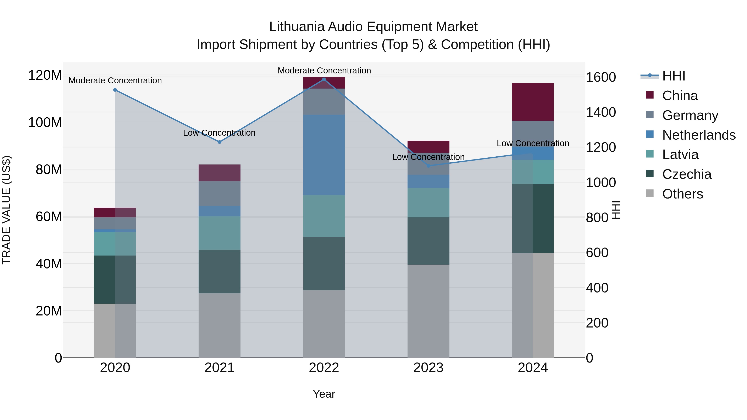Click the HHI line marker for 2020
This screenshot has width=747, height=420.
click(115, 90)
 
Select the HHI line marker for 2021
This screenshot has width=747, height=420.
click(220, 142)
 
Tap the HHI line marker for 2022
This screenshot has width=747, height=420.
click(324, 79)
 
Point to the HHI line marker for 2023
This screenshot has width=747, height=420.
click(428, 166)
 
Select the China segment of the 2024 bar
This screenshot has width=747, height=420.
click(533, 102)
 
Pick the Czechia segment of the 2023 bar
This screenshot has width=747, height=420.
click(428, 241)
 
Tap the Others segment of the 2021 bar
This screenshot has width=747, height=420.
click(220, 325)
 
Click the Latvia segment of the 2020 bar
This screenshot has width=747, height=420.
click(115, 243)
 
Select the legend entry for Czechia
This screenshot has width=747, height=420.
click(686, 174)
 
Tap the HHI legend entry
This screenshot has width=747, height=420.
click(673, 76)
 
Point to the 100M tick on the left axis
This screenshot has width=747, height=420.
click(45, 122)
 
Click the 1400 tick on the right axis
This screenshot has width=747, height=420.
click(601, 112)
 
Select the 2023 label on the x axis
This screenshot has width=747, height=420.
click(428, 368)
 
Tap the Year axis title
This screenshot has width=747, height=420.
click(324, 394)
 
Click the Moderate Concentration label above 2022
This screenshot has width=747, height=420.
click(324, 71)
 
